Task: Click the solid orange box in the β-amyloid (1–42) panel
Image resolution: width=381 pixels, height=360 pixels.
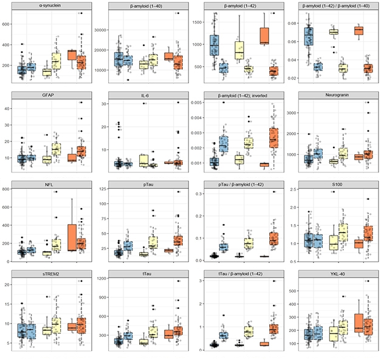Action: click(x=264, y=36)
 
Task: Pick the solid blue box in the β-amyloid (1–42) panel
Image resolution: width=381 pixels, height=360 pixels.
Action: click(x=214, y=46)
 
